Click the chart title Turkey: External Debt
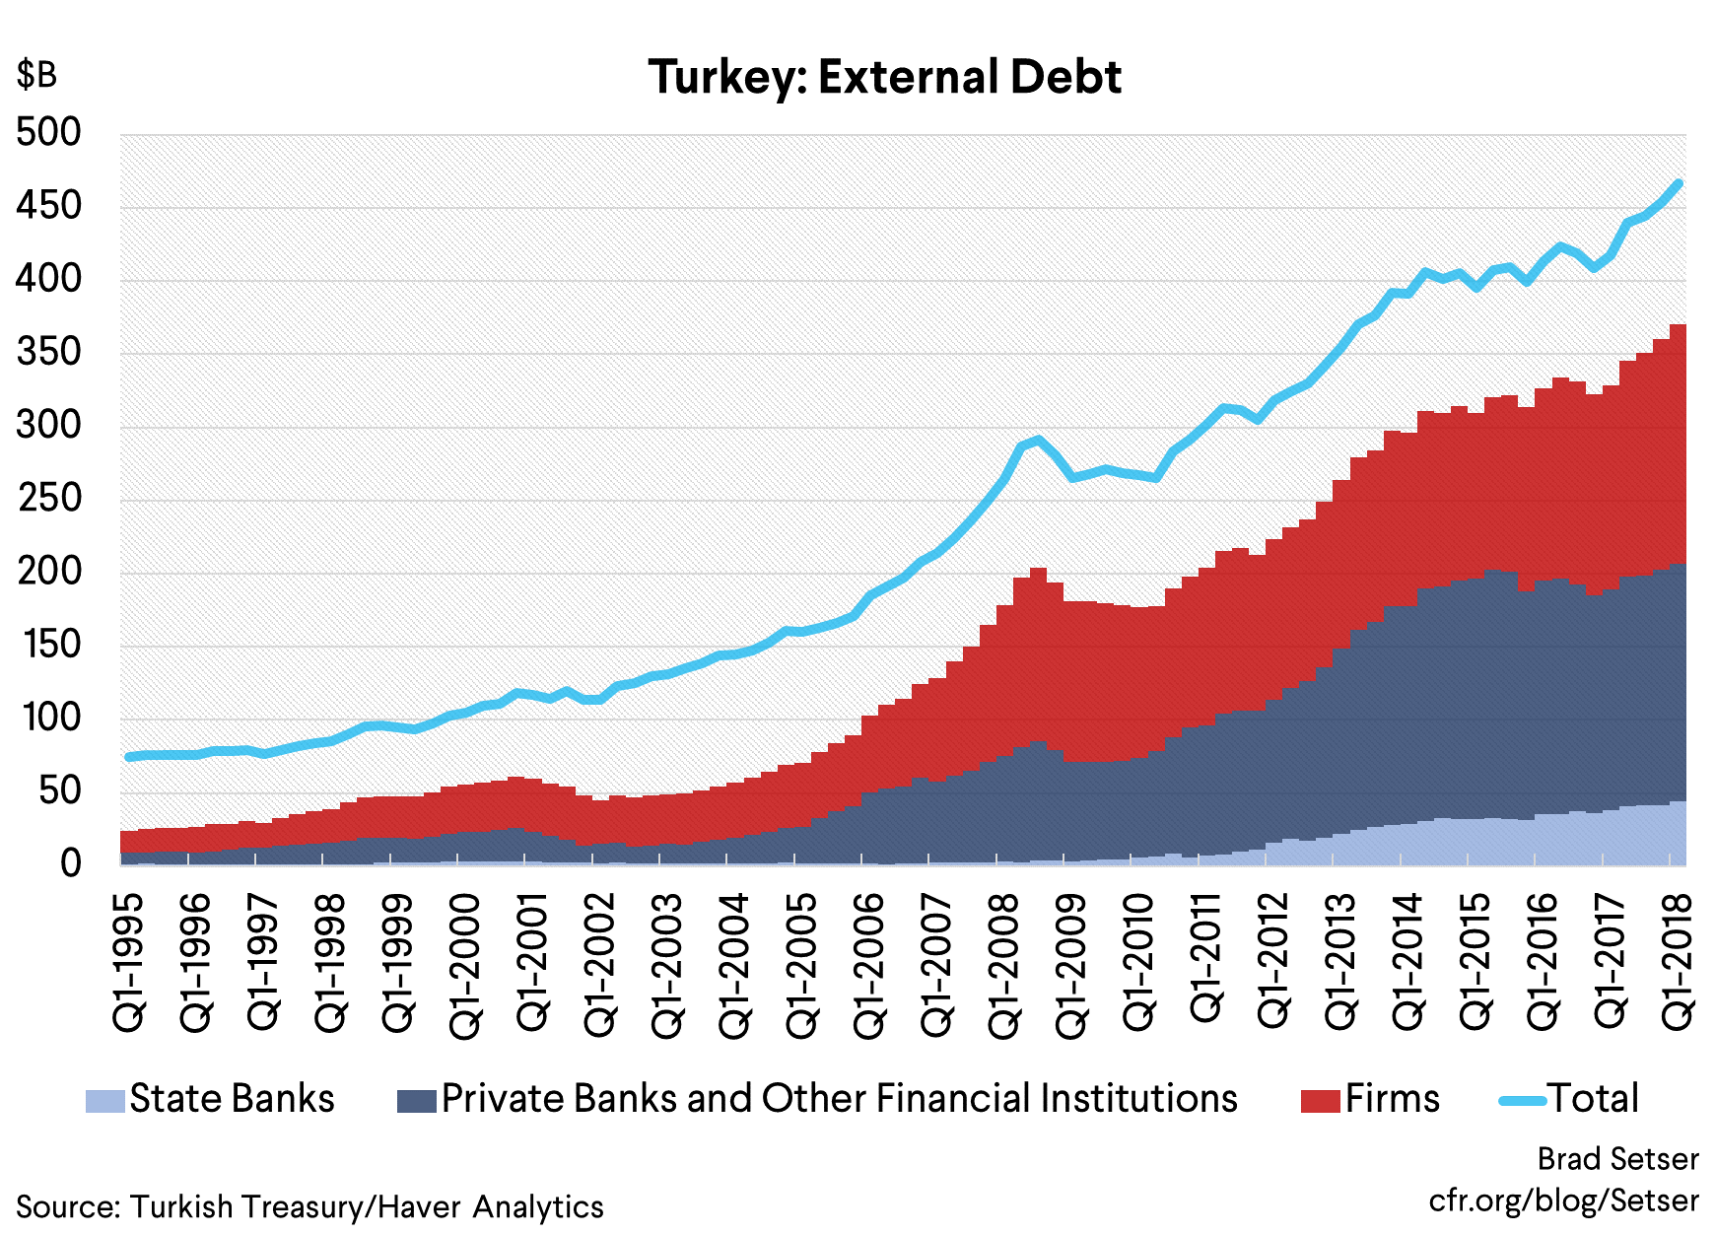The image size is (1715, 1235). (884, 77)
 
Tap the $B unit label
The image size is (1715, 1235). (36, 75)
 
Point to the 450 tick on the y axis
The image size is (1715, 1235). (48, 206)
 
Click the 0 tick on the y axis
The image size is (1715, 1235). (70, 863)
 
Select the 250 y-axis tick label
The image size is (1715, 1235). (48, 498)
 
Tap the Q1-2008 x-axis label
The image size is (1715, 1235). (1004, 965)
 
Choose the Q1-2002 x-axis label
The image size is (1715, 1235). (600, 965)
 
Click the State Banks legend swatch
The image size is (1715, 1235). (105, 1101)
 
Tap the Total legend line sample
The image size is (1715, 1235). (1522, 1100)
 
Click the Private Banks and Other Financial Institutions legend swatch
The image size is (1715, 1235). (416, 1101)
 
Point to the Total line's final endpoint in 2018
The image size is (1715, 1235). (1679, 183)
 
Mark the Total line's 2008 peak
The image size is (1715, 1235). (1039, 440)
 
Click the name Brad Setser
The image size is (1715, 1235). (1617, 1159)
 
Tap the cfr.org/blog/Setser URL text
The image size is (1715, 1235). (1563, 1201)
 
